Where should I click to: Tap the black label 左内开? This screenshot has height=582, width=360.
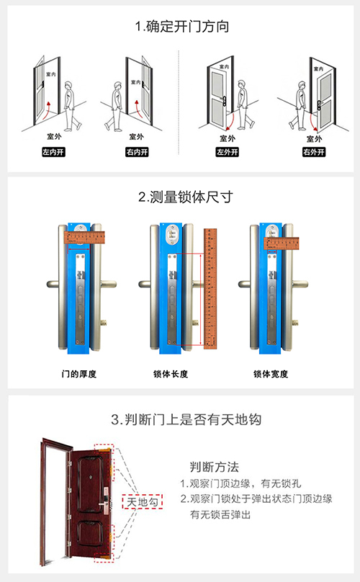point(54,153)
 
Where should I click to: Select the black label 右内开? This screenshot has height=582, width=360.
point(136,153)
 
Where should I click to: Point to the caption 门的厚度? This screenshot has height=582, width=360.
point(79,375)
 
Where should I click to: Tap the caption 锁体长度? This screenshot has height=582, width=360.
point(171,375)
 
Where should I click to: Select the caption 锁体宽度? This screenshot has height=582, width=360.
point(270,375)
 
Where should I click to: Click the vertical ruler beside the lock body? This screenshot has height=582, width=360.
point(210,285)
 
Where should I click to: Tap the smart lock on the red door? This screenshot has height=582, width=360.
point(105,497)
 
